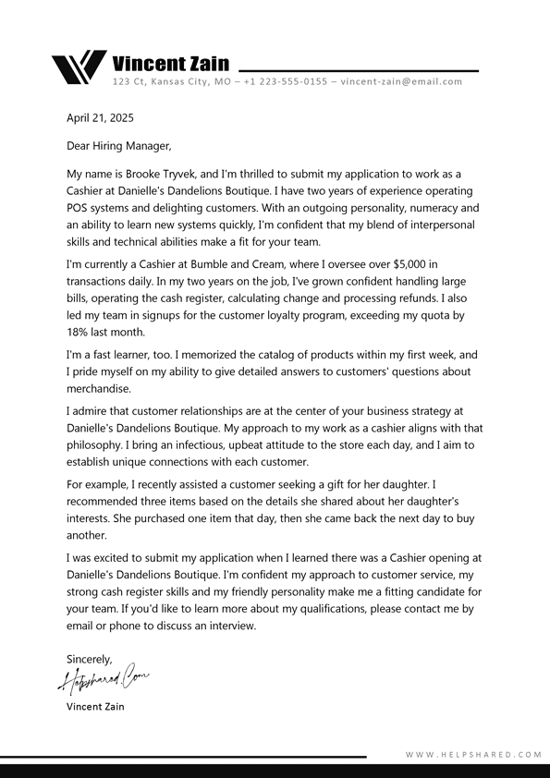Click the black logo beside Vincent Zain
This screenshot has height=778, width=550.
pos(78,67)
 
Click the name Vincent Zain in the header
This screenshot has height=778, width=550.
pos(170,64)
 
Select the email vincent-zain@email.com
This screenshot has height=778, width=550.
pos(401,82)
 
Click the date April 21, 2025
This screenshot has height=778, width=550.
pos(100,118)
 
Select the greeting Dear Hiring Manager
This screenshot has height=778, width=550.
pos(118,146)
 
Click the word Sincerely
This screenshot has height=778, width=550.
pos(89,659)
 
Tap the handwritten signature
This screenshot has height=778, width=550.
pos(103,681)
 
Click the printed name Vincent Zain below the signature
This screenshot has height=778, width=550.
pos(95,707)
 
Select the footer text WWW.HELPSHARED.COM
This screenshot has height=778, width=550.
pos(473,755)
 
